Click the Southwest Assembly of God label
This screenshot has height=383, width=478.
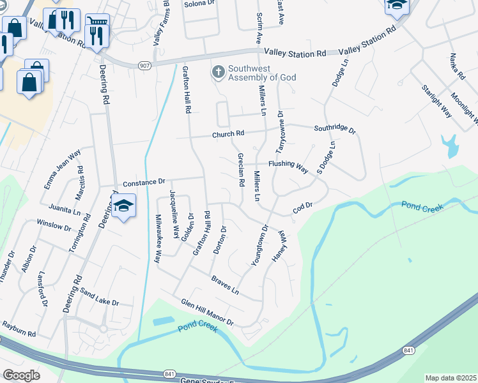coord(261,73)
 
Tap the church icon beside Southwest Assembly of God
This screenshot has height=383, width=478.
coord(218,72)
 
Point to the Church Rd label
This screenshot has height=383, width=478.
coord(229,135)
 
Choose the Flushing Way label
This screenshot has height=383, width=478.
coord(288,166)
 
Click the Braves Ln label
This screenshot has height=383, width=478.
coord(225,285)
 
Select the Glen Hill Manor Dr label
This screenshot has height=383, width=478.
coord(207,312)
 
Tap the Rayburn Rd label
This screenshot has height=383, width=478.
coord(18,329)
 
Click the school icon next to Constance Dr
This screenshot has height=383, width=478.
coord(123,205)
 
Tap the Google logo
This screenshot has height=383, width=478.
coord(22,375)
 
